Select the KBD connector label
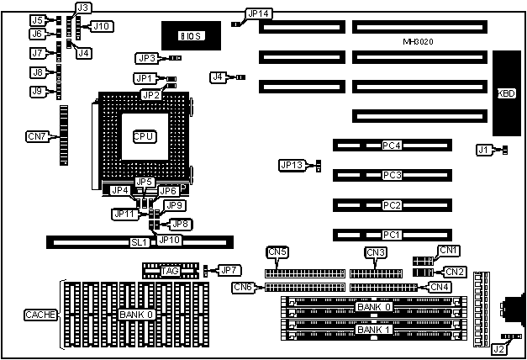pyautogui.click(x=507, y=93)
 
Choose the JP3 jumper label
pyautogui.click(x=145, y=58)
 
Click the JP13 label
pyautogui.click(x=291, y=165)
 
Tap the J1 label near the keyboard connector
pyautogui.click(x=482, y=150)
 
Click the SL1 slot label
pyautogui.click(x=139, y=242)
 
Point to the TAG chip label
pyautogui.click(x=170, y=270)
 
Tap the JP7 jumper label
pyautogui.click(x=228, y=270)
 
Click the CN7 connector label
pyautogui.click(x=38, y=136)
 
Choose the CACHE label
pyautogui.click(x=40, y=315)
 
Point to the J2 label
pyautogui.click(x=498, y=348)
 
